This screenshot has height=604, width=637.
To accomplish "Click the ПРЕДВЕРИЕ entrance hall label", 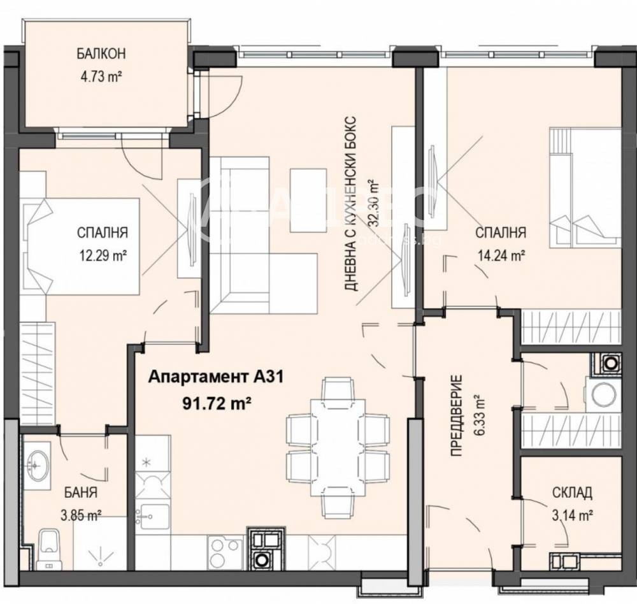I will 456,419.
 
